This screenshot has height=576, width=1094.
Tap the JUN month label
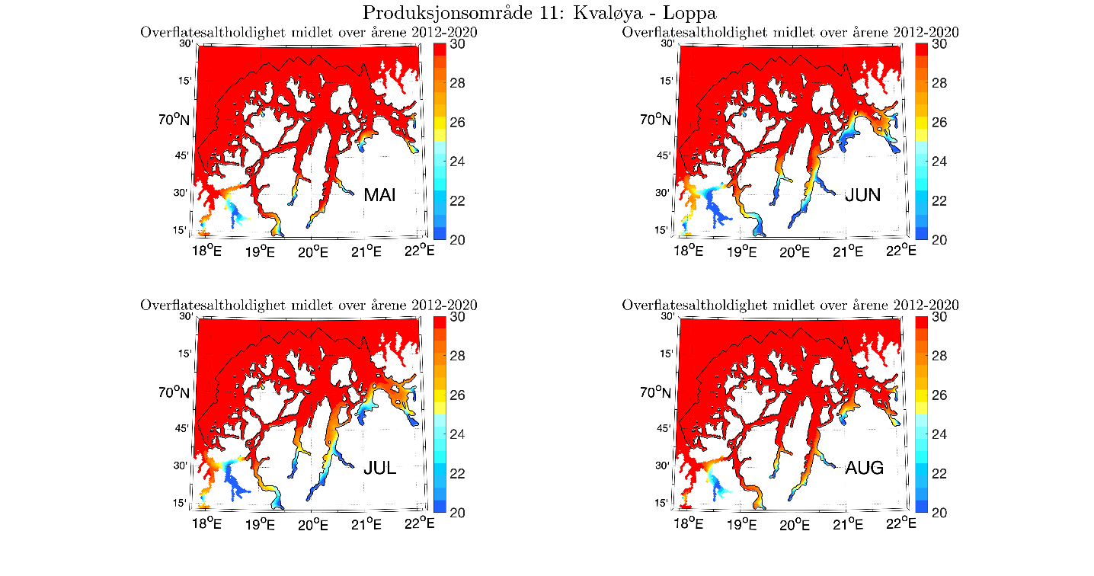pos(863,195)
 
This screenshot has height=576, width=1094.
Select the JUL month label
pos(379,468)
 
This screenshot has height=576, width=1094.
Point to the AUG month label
pos(865,468)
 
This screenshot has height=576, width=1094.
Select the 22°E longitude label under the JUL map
pos(421,523)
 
